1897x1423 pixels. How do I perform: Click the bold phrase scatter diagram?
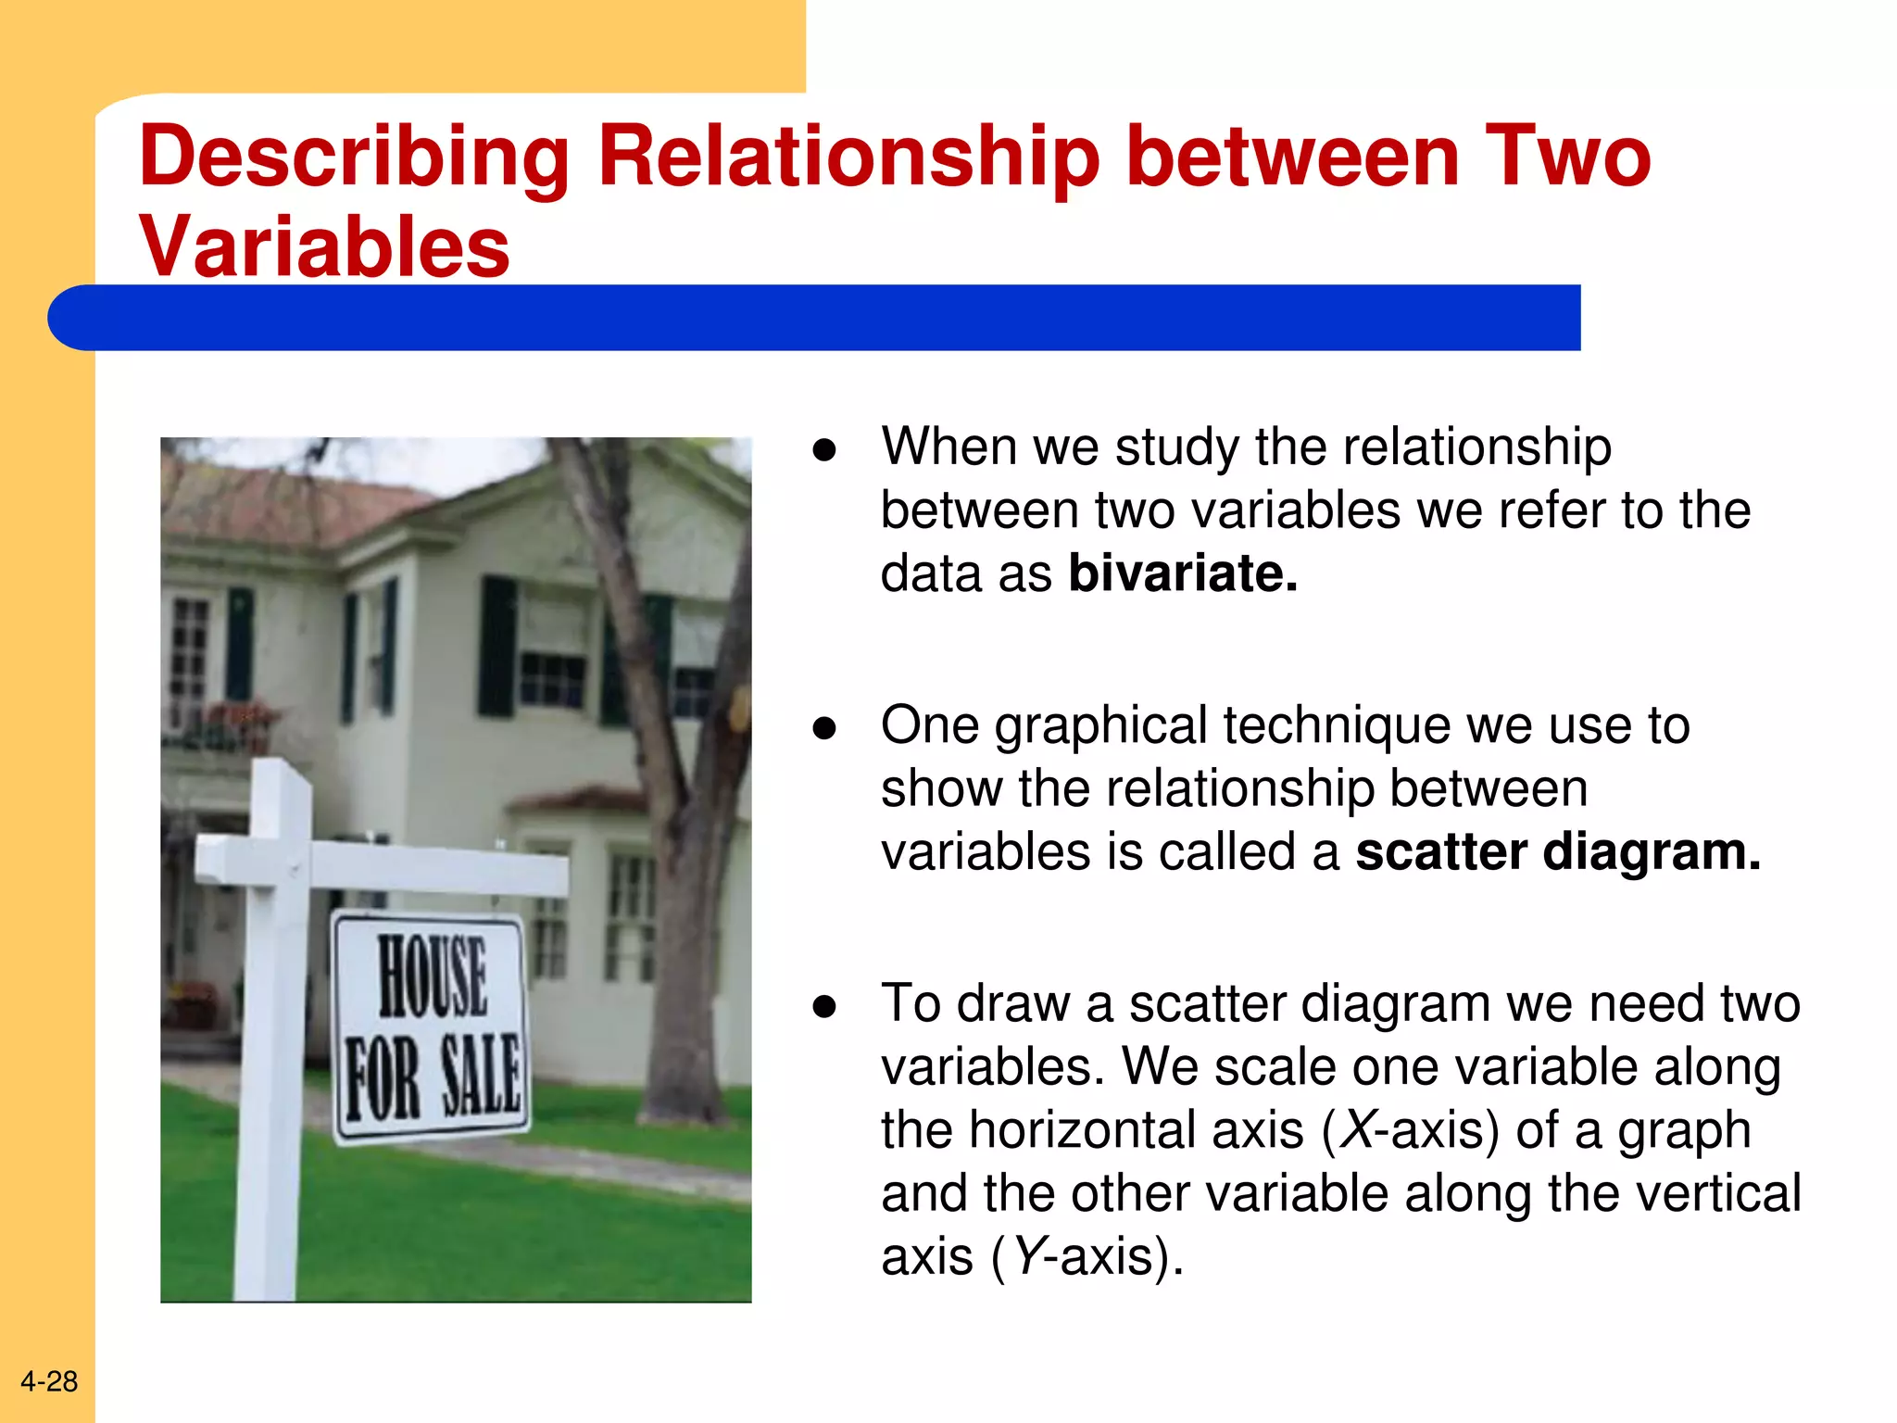point(1557,851)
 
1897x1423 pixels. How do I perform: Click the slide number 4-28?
point(49,1381)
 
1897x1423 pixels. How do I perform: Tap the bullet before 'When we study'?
point(824,450)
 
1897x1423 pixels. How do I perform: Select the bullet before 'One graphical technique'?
point(824,729)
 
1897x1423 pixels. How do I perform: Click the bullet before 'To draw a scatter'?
point(824,1007)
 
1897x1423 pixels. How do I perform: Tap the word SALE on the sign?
point(480,1075)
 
